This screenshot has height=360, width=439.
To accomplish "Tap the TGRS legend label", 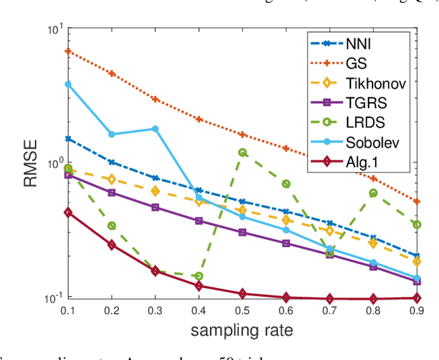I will (x=383, y=104).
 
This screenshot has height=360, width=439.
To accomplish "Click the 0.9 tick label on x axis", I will (x=417, y=311).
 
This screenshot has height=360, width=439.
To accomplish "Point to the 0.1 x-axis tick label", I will (x=67, y=311).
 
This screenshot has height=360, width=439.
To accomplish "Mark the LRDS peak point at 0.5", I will (x=242, y=153).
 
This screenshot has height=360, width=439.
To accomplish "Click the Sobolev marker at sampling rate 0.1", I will (x=68, y=84).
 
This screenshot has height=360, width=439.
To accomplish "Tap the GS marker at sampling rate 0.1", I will (x=68, y=51).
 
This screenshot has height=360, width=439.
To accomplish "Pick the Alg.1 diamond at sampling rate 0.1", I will (x=68, y=213).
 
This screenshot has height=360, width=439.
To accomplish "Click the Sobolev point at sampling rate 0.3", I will (x=155, y=129).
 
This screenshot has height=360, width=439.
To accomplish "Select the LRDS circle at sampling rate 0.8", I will (x=373, y=193).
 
